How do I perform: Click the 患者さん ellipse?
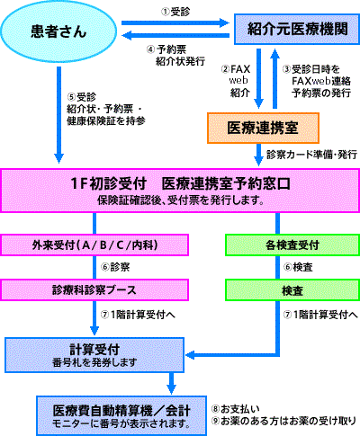(x=58, y=31)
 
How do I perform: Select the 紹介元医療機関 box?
(x=297, y=29)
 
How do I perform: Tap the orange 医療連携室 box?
(x=263, y=128)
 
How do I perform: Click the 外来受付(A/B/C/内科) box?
(x=94, y=245)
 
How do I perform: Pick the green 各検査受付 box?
(x=292, y=245)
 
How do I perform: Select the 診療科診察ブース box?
(x=94, y=289)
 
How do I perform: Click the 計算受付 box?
(x=94, y=355)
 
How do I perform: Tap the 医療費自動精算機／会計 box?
(x=121, y=416)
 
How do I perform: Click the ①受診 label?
(x=175, y=12)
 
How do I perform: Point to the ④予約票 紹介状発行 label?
(x=175, y=55)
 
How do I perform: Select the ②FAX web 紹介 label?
(x=236, y=81)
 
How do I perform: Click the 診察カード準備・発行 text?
(x=311, y=155)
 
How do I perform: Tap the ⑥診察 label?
(x=115, y=267)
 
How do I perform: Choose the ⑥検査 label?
(x=298, y=267)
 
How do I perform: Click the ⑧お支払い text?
(x=236, y=409)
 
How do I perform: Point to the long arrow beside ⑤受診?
(x=58, y=115)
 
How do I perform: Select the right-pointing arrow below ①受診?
(x=175, y=22)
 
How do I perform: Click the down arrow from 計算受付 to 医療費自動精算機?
(x=171, y=383)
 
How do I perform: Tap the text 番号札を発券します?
(x=94, y=362)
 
